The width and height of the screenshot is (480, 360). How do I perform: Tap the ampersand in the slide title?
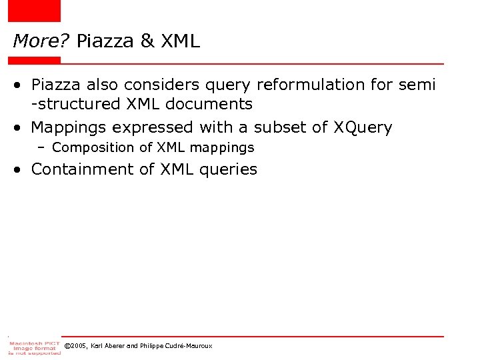coord(147,41)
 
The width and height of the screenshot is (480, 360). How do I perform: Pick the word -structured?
coord(75,104)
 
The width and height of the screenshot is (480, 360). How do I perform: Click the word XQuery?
coord(363,127)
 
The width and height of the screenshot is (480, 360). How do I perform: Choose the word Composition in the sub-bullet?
coord(95,147)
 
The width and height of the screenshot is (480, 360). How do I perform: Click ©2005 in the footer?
coord(75,347)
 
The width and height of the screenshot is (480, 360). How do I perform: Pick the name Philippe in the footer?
coord(157,347)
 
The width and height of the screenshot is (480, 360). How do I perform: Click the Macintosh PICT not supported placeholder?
coord(34,347)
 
